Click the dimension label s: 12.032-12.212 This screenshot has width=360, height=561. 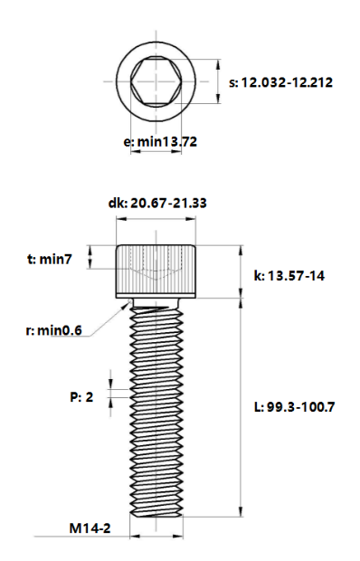pos(280,82)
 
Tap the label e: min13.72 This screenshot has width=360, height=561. pos(160,142)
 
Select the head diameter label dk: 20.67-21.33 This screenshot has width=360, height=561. pos(158,204)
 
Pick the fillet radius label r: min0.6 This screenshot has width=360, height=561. pos(53,330)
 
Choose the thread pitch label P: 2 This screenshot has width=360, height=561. pos(81,396)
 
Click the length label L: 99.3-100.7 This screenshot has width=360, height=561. pos(294,407)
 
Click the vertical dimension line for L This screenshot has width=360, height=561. pos(241,407)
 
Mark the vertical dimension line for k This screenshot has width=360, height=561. pos(241,271)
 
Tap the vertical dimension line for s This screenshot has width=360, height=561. pos(220,82)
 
